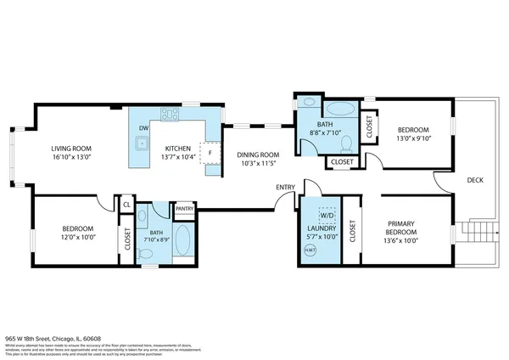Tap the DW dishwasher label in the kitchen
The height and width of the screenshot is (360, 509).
tap(143, 128)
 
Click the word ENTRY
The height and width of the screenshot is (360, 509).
tap(284, 188)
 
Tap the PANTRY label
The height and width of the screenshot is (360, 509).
tap(184, 208)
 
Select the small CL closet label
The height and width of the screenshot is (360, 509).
tap(126, 205)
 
